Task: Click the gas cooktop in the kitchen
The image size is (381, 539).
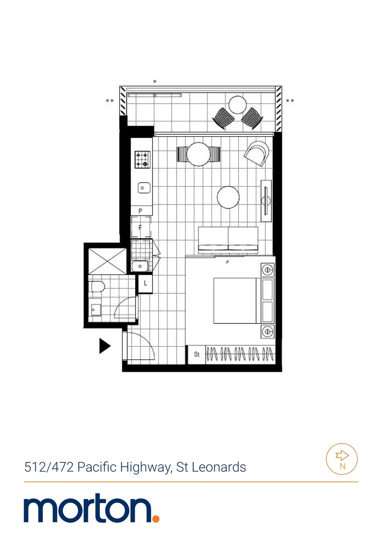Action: click(142, 159)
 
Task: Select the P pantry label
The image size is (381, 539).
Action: click(141, 211)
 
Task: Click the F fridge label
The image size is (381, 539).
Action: click(141, 228)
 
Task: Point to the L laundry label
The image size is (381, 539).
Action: click(145, 283)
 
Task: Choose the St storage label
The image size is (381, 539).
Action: click(197, 354)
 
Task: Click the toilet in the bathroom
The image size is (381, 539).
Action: click(97, 286)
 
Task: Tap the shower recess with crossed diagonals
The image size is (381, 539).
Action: click(107, 261)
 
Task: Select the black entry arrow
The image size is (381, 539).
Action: click(104, 346)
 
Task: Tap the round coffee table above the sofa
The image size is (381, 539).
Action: click(228, 197)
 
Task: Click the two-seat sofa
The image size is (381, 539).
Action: click(228, 239)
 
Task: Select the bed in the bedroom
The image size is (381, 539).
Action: click(237, 300)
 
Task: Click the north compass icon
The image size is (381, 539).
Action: click(342, 459)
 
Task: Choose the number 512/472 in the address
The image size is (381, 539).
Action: click(48, 467)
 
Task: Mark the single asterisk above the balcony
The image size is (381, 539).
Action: click(155, 82)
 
